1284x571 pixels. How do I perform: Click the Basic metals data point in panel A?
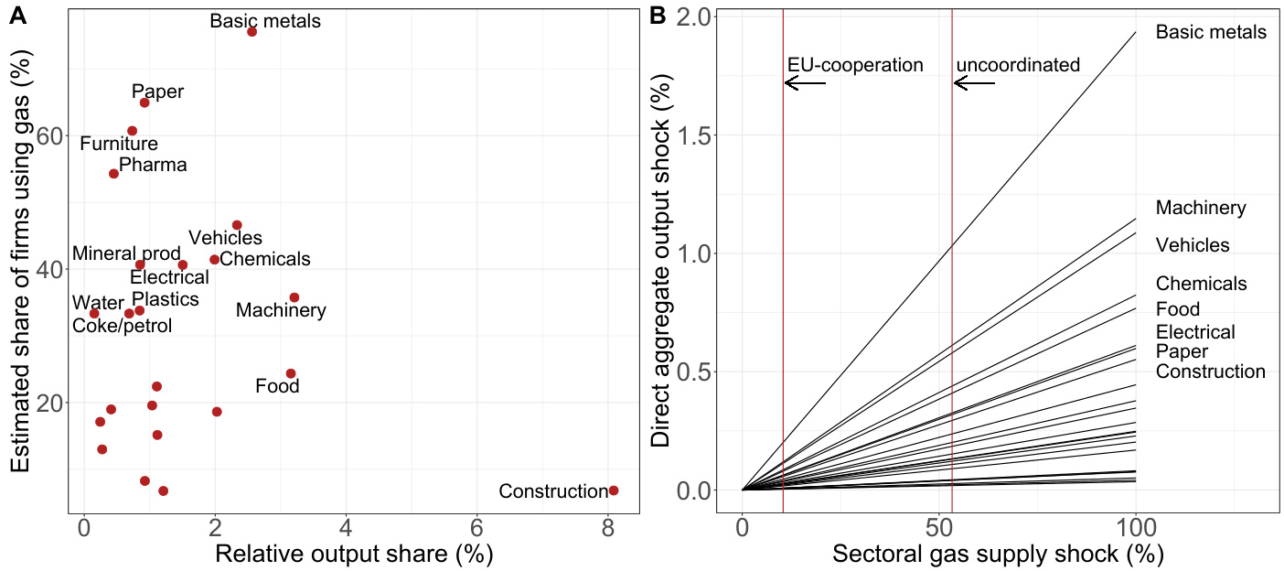pyautogui.click(x=251, y=32)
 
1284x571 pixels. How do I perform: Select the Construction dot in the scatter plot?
pyautogui.click(x=614, y=490)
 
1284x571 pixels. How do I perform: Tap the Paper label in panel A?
pyautogui.click(x=157, y=92)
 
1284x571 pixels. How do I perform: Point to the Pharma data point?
pyautogui.click(x=113, y=173)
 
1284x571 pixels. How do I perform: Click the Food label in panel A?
pyautogui.click(x=277, y=386)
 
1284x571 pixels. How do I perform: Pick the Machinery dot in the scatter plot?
pyautogui.click(x=294, y=297)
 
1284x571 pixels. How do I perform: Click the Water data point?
pyautogui.click(x=94, y=313)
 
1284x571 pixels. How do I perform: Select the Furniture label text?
pyautogui.click(x=119, y=144)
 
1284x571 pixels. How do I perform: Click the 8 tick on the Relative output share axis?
pyautogui.click(x=608, y=528)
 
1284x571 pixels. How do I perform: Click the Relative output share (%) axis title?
pyautogui.click(x=354, y=555)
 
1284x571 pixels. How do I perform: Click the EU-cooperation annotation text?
pyautogui.click(x=855, y=65)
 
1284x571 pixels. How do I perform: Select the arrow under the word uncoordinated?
pyautogui.click(x=975, y=83)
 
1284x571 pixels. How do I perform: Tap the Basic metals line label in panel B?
pyautogui.click(x=1211, y=32)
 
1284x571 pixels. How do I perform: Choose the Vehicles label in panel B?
pyautogui.click(x=1193, y=245)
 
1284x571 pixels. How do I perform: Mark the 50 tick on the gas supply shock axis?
pyautogui.click(x=939, y=528)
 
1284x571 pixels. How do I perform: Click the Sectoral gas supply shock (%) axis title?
pyautogui.click(x=997, y=555)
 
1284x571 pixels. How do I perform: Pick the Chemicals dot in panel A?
pyautogui.click(x=215, y=260)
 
